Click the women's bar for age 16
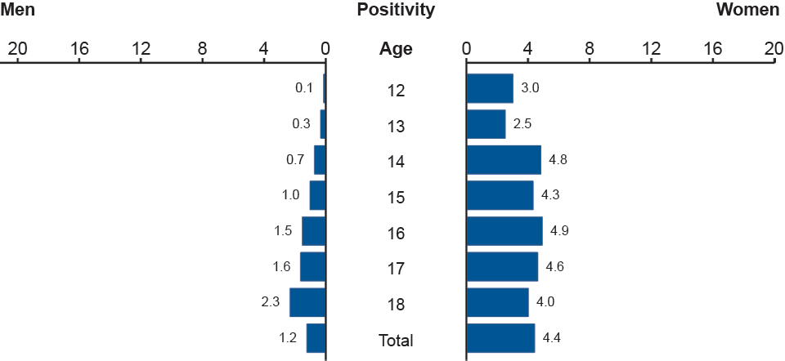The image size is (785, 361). [504, 231]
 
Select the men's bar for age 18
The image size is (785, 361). [307, 302]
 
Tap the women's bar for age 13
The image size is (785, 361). [486, 124]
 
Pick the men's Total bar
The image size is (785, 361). [316, 338]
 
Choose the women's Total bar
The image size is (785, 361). [500, 338]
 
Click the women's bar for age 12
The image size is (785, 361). [490, 88]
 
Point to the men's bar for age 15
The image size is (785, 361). [318, 195]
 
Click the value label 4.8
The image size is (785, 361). [558, 159]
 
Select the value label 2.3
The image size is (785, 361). [271, 302]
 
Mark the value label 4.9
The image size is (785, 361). [559, 231]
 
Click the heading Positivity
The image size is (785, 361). [396, 11]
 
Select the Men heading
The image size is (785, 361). [18, 11]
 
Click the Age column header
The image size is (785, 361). [396, 49]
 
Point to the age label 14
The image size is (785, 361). [396, 162]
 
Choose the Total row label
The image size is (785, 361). [396, 341]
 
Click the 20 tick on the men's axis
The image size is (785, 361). [17, 49]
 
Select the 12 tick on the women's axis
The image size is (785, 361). [651, 49]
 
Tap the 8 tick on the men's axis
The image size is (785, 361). [202, 49]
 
